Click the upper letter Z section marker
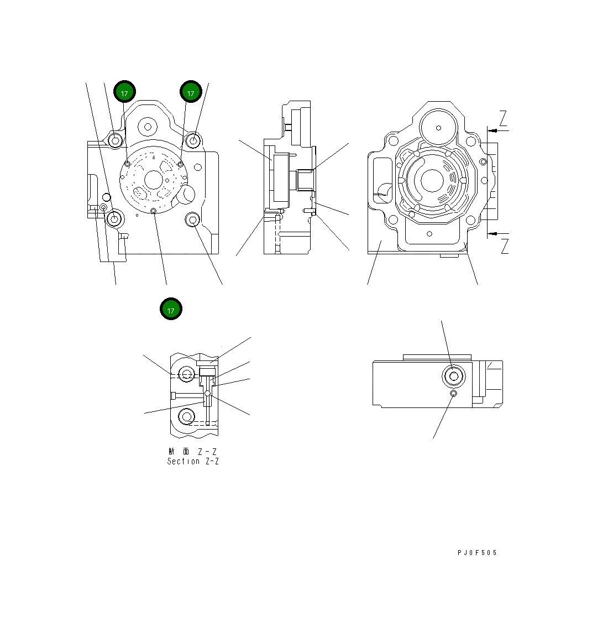click(x=503, y=118)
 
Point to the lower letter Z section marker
click(x=504, y=247)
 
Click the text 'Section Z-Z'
click(x=193, y=461)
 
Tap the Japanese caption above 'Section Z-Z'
click(x=193, y=451)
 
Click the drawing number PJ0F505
click(x=477, y=552)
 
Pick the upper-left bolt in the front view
click(x=114, y=140)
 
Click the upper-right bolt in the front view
click(x=193, y=140)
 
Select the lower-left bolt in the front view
click(x=114, y=219)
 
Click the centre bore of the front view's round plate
click(x=153, y=179)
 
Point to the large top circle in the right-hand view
click(x=438, y=128)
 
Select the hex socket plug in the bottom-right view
click(x=454, y=376)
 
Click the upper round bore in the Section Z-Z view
click(x=187, y=374)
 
